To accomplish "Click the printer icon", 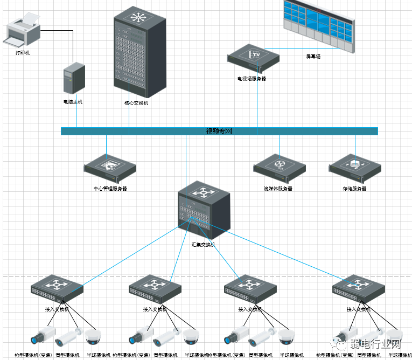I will pyautogui.click(x=23, y=32).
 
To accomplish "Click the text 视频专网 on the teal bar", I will pyautogui.click(x=219, y=131).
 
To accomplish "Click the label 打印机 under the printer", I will pyautogui.click(x=23, y=53).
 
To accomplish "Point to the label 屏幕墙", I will pyautogui.click(x=313, y=56).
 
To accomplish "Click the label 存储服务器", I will pyautogui.click(x=354, y=189).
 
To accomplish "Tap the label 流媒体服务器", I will pyautogui.click(x=278, y=189).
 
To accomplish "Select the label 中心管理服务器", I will pyautogui.click(x=110, y=189).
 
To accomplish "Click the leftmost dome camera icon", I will pyautogui.click(x=94, y=337).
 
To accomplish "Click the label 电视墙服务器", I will pyautogui.click(x=252, y=79).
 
